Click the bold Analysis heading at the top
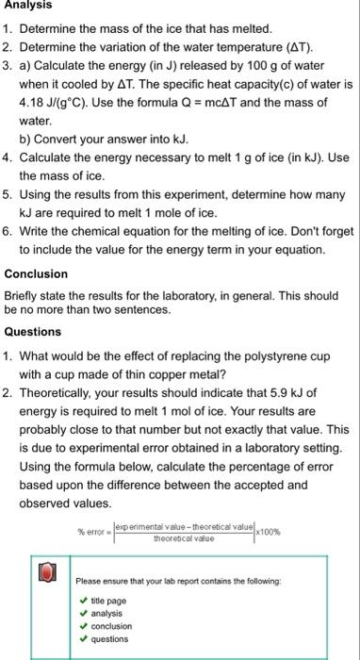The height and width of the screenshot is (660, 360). click(x=27, y=5)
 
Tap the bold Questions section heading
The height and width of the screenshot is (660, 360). click(x=33, y=332)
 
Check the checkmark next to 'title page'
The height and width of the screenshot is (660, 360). click(x=84, y=600)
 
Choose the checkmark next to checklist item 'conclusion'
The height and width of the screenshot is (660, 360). click(x=84, y=625)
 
